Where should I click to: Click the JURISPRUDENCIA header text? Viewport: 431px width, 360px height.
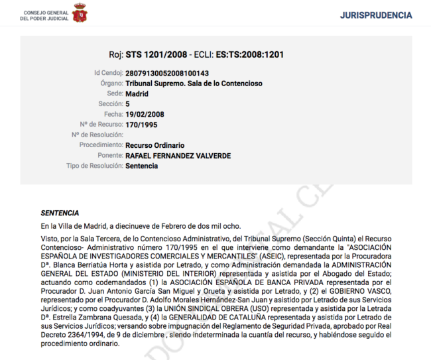[x=375, y=15]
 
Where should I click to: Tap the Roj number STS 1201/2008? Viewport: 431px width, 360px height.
[x=156, y=54]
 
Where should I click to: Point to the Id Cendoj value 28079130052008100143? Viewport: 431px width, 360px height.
[x=167, y=73]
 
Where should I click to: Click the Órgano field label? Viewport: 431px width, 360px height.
[x=111, y=84]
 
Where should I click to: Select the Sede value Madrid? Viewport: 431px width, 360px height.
[x=137, y=94]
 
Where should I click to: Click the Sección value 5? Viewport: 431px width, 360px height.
[x=127, y=104]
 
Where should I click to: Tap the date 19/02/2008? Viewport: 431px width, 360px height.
[x=145, y=114]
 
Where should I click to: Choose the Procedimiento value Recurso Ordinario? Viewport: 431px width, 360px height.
[x=154, y=145]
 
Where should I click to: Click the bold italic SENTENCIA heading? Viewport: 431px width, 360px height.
[x=60, y=213]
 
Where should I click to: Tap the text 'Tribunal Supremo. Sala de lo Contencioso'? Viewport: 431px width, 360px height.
[x=194, y=84]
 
